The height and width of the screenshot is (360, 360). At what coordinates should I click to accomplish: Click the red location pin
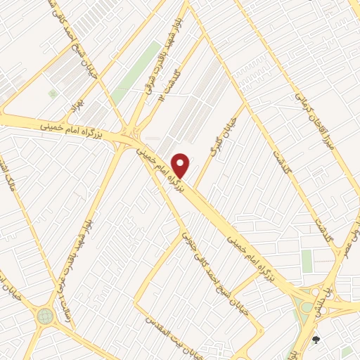point(181,165)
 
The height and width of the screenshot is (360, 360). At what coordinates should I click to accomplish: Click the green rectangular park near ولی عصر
point(307,261)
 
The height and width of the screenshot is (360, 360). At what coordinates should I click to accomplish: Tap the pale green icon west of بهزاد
point(51,94)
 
